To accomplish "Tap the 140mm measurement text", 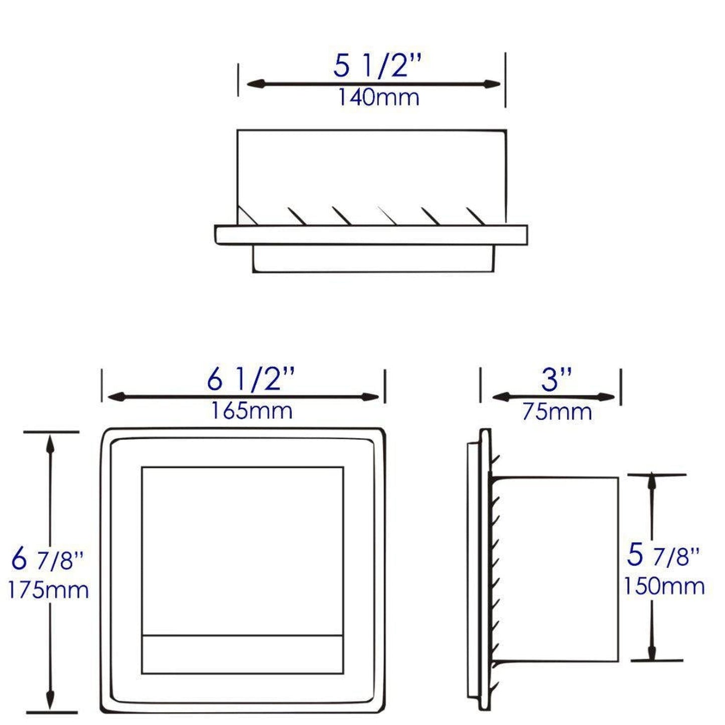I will (x=378, y=97).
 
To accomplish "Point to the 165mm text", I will (x=251, y=411).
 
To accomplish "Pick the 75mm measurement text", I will (x=557, y=412).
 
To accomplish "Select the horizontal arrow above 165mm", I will (x=243, y=397).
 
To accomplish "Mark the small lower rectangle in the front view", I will (x=242, y=654).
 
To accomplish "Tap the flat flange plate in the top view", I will (x=371, y=235).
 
